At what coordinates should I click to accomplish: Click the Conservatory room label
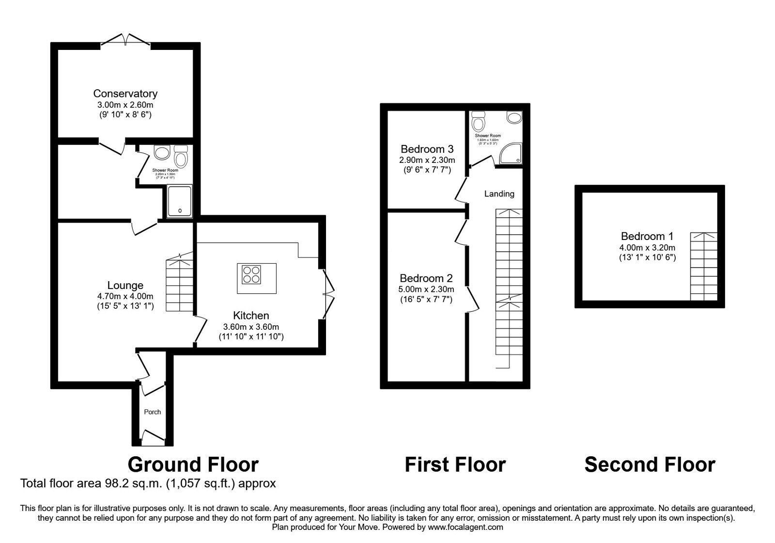(125, 94)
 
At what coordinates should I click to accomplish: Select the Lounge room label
(125, 286)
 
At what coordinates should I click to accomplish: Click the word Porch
(153, 412)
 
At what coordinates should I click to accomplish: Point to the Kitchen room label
(250, 316)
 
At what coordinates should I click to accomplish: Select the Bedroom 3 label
(427, 149)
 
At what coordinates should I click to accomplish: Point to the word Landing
(499, 194)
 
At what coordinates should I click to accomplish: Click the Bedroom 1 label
(647, 236)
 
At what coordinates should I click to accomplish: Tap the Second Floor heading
(650, 464)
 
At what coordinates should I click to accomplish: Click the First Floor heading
(455, 464)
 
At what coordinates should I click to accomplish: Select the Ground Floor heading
(193, 464)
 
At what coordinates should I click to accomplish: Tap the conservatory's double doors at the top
(126, 40)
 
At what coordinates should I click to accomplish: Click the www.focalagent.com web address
(465, 527)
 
